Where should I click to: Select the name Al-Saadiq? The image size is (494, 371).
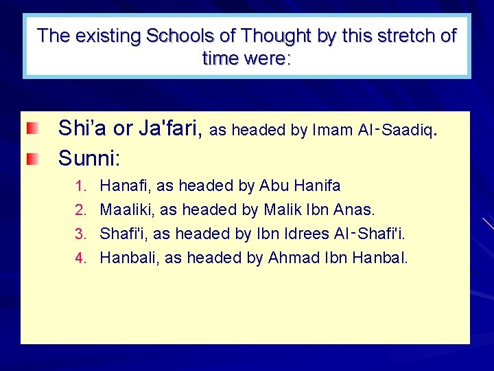click(x=397, y=130)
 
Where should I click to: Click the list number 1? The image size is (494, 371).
click(x=79, y=186)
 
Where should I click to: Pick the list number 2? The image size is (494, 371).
click(x=79, y=210)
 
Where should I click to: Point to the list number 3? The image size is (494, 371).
click(x=79, y=234)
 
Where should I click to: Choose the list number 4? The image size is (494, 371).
click(x=79, y=258)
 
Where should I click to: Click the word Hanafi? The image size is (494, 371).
click(x=127, y=185)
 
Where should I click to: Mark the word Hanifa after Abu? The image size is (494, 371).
click(x=316, y=185)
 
